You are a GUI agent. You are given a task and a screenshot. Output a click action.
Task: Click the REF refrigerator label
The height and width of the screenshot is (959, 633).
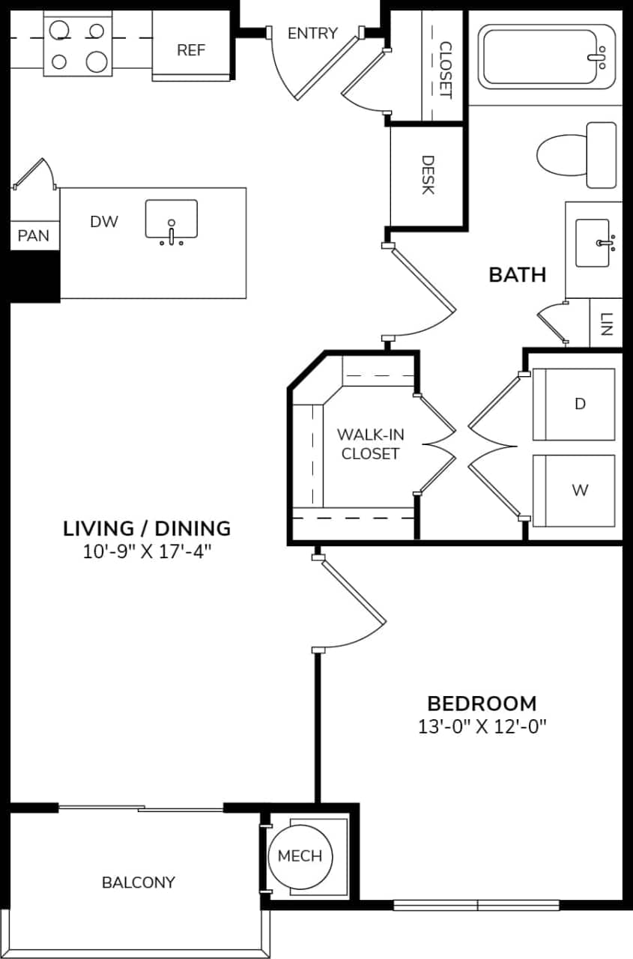191,50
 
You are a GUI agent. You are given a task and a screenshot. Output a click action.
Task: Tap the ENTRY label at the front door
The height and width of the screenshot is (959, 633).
312,34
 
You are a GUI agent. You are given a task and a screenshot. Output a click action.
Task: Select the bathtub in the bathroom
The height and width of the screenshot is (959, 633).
544,56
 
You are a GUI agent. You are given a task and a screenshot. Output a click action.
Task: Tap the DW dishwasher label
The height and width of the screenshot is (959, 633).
104,222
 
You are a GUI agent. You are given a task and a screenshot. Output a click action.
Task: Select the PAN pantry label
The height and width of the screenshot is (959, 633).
34,236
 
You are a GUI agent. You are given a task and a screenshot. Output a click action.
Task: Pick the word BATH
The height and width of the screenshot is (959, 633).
517,275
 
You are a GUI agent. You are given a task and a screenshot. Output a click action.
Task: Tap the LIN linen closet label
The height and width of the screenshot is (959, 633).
606,323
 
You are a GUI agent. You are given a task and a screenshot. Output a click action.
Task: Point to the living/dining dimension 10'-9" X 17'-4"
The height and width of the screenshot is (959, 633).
147,553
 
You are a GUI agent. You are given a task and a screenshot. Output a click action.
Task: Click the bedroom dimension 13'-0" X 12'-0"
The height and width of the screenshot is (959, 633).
482,727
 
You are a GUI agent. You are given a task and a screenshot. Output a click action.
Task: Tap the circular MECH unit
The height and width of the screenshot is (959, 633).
300,856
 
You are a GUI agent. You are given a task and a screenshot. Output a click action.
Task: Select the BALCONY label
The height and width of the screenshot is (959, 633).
138,883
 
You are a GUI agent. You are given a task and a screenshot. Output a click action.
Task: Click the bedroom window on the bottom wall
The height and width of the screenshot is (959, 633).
476,905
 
